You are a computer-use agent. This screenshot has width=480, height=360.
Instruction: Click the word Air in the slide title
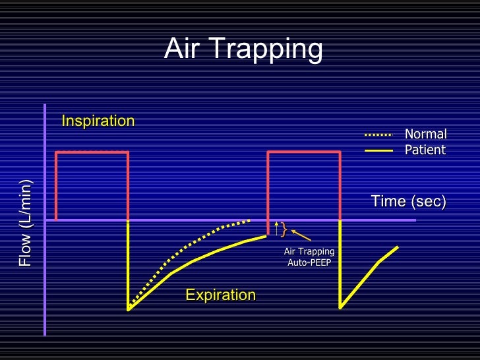click(x=182, y=48)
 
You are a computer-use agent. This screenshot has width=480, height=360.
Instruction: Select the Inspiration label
click(x=98, y=121)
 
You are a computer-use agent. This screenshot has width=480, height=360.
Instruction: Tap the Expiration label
click(x=220, y=295)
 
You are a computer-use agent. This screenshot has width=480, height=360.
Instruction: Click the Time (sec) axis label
click(x=408, y=201)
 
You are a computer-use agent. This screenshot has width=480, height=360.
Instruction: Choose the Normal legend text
click(x=425, y=135)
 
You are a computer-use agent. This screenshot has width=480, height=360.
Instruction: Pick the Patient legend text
click(x=425, y=150)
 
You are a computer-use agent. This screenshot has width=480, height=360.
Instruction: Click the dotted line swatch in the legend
click(x=378, y=135)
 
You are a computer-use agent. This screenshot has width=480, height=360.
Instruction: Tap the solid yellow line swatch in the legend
click(x=378, y=150)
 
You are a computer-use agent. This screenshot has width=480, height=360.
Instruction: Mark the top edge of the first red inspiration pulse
click(x=92, y=152)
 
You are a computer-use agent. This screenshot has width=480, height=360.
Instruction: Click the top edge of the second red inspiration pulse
click(x=303, y=152)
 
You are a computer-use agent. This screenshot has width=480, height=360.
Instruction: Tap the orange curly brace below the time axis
click(x=284, y=229)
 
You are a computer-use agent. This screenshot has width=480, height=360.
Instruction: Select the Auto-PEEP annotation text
click(x=309, y=263)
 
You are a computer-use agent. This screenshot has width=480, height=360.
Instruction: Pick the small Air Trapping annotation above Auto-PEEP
click(x=309, y=251)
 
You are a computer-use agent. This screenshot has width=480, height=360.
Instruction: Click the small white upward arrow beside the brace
click(x=276, y=228)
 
